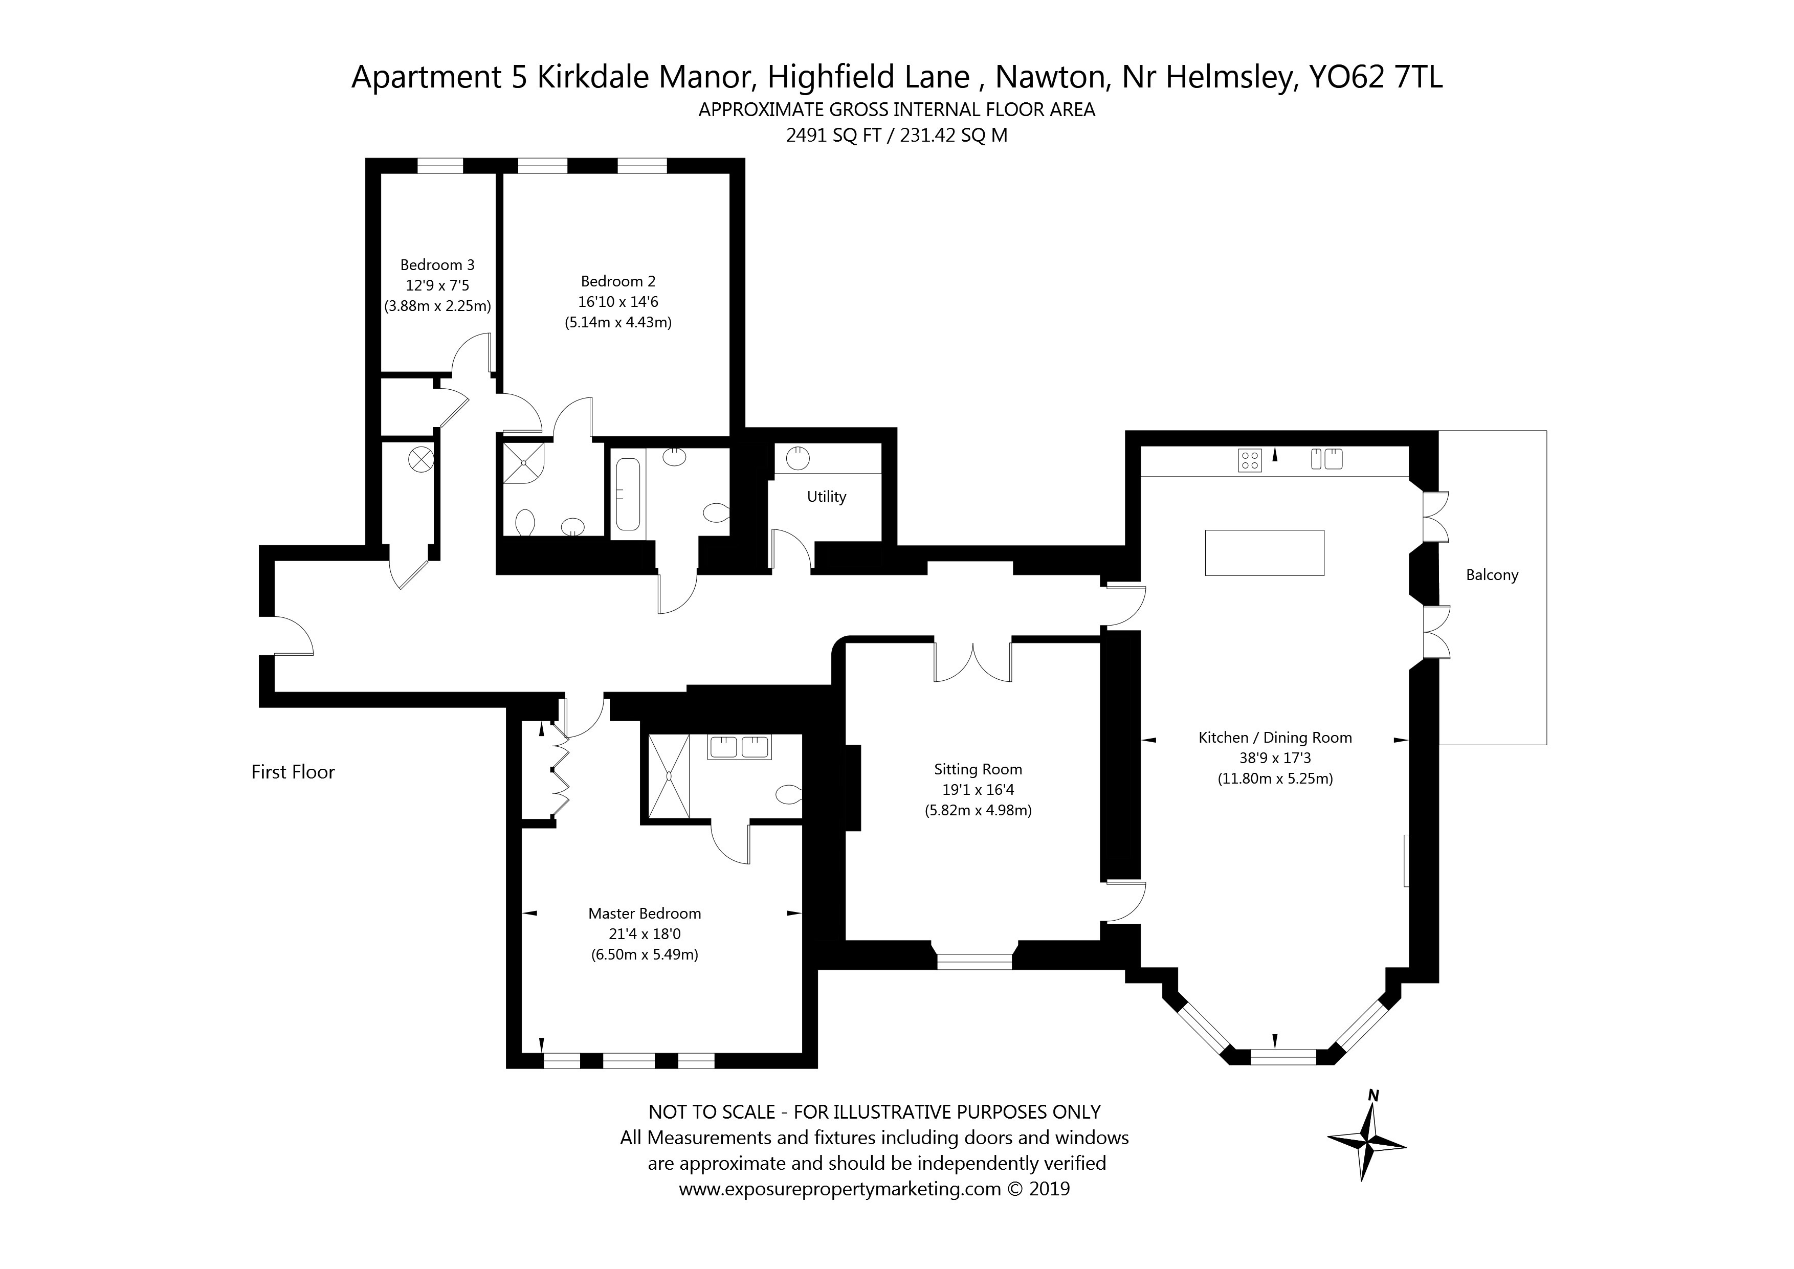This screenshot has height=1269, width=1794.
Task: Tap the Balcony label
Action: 1492,575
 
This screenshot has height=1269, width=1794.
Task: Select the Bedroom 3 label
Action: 437,265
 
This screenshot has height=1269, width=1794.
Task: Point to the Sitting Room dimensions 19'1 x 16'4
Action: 978,790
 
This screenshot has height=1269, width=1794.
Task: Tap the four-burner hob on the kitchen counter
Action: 1249,460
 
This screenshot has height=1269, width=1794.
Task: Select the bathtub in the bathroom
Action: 628,494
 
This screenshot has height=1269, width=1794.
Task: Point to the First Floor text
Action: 293,772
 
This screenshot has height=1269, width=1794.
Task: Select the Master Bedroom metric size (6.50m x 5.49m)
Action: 645,954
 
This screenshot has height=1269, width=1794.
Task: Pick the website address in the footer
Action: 840,1189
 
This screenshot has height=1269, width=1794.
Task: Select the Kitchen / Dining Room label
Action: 1275,738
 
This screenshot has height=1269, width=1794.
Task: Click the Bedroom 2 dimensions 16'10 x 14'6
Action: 618,302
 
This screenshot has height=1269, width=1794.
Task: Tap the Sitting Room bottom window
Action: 974,962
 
